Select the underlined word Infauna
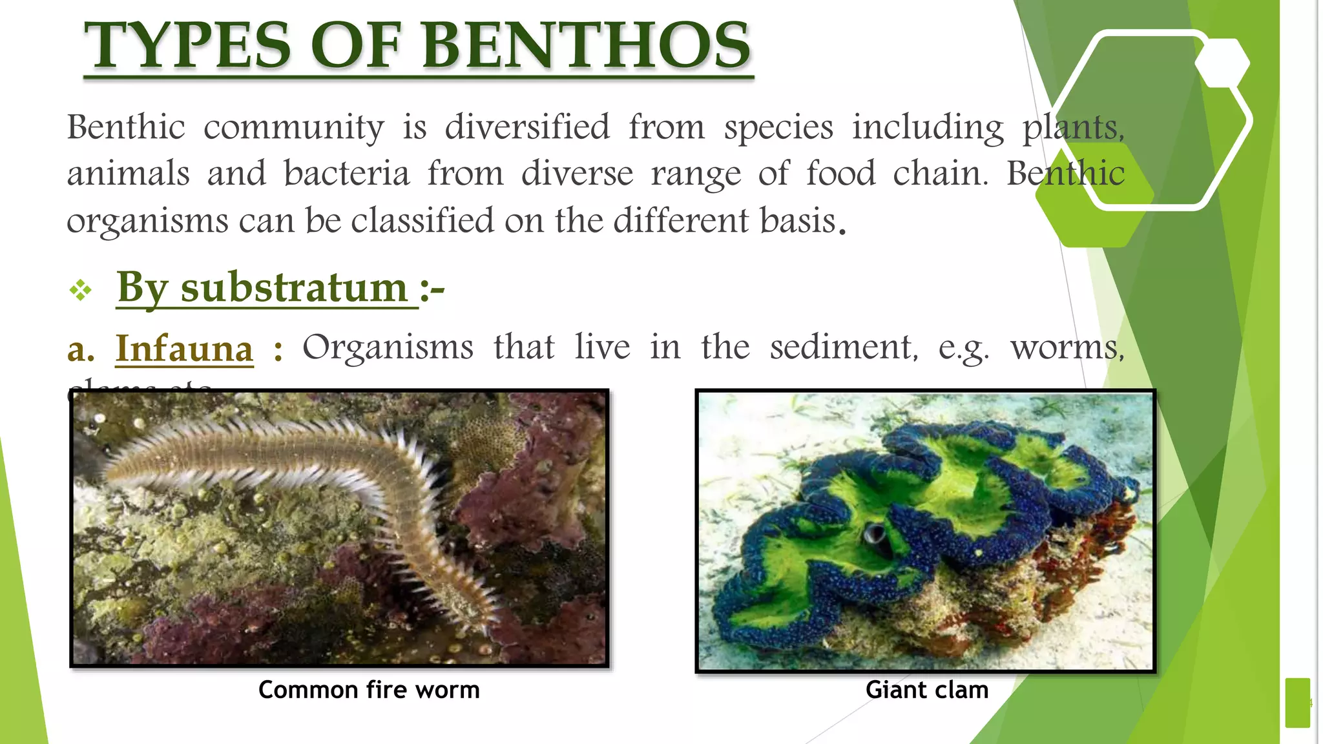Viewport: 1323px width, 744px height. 184,349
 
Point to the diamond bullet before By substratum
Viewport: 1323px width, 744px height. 81,290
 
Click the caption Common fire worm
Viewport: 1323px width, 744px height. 369,690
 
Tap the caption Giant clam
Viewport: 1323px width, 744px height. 926,690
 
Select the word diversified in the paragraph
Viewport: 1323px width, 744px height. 527,127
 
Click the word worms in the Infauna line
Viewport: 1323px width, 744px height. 1067,347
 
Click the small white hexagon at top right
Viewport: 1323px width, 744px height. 1222,63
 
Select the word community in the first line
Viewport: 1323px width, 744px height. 294,127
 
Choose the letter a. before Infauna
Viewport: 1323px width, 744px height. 81,349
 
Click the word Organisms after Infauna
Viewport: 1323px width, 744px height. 388,347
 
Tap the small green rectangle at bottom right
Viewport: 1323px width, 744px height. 1297,703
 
